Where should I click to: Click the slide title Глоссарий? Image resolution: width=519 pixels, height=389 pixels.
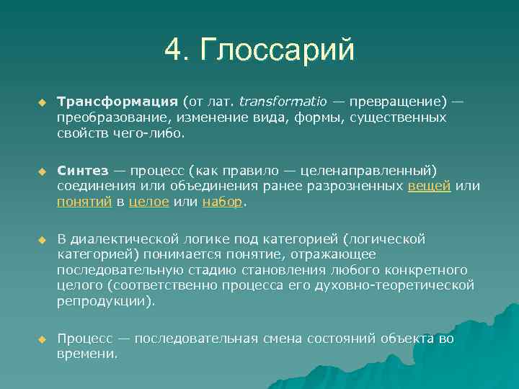coord(278,50)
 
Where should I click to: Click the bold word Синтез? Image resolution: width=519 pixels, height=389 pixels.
coord(82,170)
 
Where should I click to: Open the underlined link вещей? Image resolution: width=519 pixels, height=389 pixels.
coord(430,186)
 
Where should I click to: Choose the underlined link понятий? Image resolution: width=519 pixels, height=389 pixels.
coord(84,202)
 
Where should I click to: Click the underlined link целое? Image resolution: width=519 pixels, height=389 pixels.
coord(149,202)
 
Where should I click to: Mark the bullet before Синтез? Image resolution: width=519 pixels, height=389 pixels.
coord(42,171)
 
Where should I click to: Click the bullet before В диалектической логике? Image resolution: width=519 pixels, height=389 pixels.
coord(42,239)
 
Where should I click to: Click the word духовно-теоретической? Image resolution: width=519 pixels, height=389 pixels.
coord(404,285)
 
